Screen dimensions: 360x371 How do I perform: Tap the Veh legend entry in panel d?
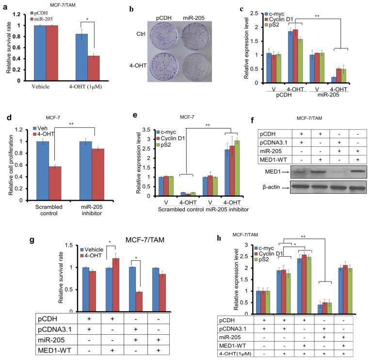(36, 128)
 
